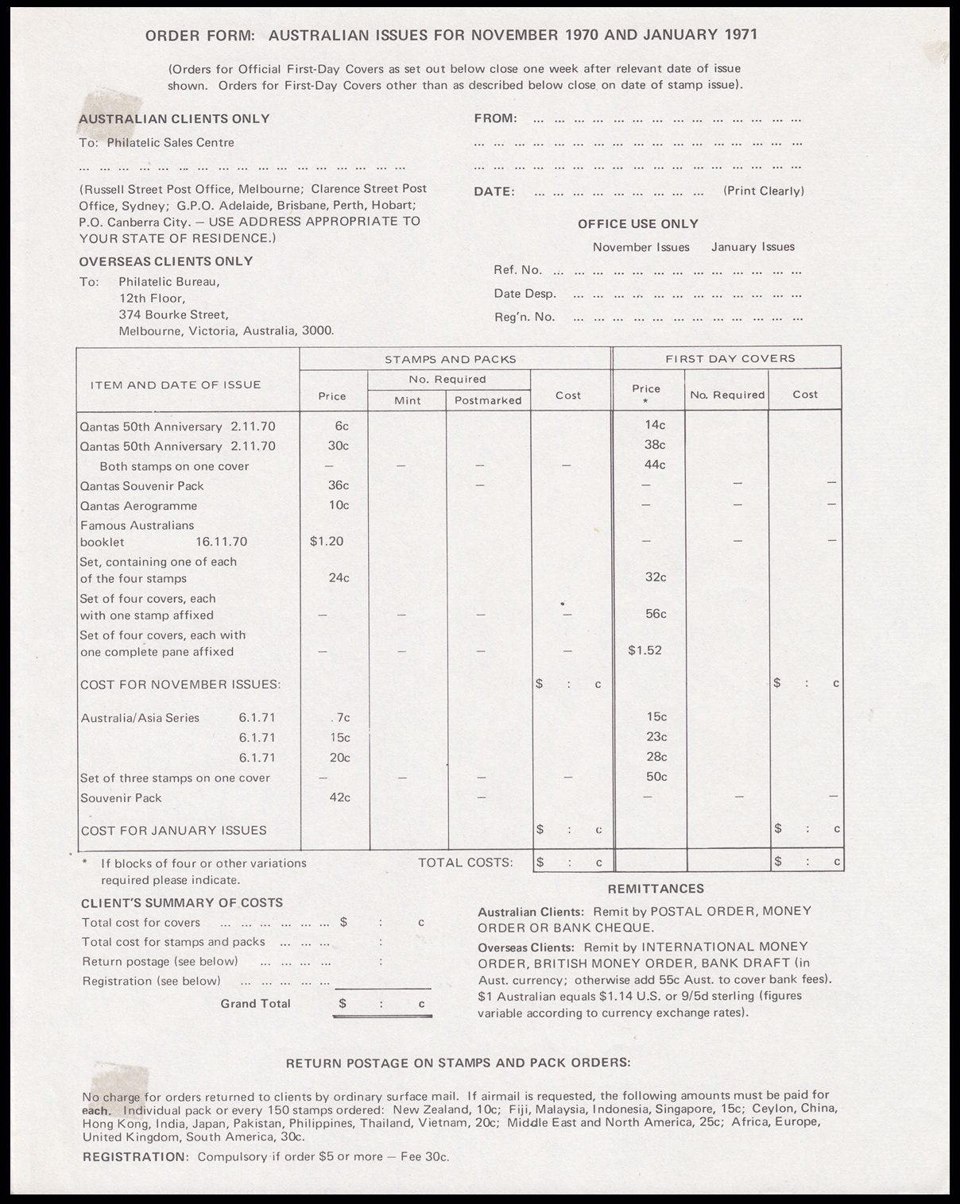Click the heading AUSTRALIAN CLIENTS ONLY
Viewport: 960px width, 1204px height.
(x=174, y=119)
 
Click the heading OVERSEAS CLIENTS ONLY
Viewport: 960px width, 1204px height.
(x=165, y=261)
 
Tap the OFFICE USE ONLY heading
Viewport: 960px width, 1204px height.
(x=638, y=224)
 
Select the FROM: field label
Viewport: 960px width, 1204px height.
(x=495, y=118)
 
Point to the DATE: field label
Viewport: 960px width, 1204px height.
(x=494, y=191)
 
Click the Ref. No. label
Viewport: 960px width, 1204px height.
(x=517, y=270)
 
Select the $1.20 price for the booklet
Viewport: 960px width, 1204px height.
(x=327, y=542)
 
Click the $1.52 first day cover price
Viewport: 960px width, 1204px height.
(x=645, y=650)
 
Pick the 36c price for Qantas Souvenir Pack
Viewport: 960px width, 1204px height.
(x=339, y=485)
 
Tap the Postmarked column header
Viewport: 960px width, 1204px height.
(x=488, y=400)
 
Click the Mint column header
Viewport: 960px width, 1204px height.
(x=408, y=400)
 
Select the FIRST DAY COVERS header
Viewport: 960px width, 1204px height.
(x=730, y=358)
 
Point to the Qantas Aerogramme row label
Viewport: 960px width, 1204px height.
(x=138, y=506)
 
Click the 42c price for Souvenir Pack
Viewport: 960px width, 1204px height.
(x=339, y=797)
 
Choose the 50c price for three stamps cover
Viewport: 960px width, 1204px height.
(x=656, y=777)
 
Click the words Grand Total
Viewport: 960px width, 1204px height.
(x=255, y=1004)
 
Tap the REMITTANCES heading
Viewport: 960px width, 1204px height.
(x=656, y=889)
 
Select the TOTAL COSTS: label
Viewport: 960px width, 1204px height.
(x=465, y=862)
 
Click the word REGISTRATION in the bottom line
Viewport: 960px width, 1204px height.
(x=134, y=1156)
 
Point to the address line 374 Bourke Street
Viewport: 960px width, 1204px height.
(x=173, y=315)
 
